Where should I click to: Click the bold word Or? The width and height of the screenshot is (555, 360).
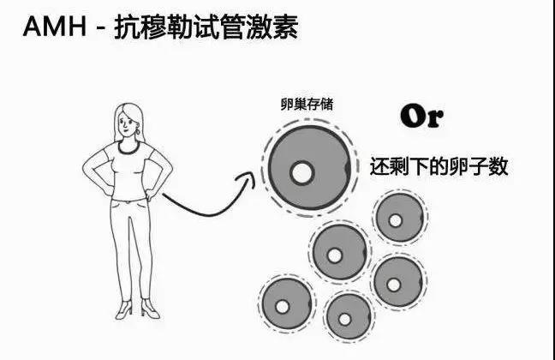[421, 117]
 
